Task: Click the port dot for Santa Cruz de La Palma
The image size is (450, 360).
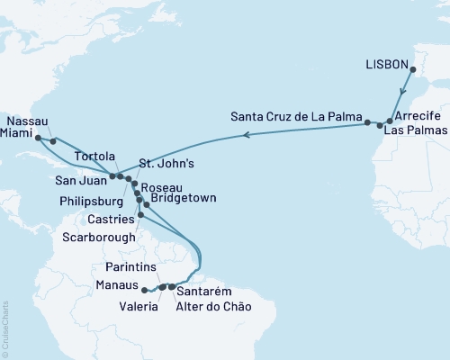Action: click(x=368, y=121)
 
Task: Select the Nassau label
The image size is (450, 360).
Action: click(x=28, y=119)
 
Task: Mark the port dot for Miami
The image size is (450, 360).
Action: click(x=38, y=138)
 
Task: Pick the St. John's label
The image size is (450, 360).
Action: click(x=166, y=164)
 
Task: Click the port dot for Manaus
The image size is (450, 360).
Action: click(x=144, y=289)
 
